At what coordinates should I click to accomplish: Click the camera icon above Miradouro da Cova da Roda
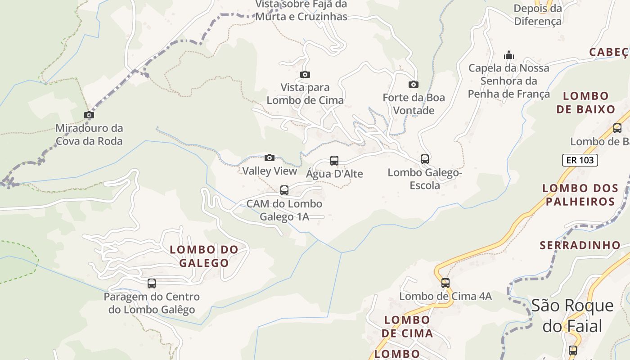[x=89, y=115]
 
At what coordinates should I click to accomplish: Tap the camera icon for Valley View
[x=270, y=157]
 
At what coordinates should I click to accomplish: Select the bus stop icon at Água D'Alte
[x=334, y=160]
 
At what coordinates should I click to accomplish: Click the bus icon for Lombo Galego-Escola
[x=425, y=159]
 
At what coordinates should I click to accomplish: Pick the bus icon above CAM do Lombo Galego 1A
[x=284, y=190]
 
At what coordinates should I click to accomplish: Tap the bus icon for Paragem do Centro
[x=152, y=283]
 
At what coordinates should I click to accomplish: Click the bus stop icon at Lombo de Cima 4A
[x=445, y=283]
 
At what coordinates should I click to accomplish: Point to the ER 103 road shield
[x=580, y=160]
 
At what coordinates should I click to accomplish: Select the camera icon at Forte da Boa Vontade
[x=414, y=84]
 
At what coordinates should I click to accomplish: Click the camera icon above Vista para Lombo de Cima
[x=305, y=74]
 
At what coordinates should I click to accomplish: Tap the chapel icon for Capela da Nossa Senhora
[x=509, y=55]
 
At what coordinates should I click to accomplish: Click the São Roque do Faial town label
[x=572, y=315]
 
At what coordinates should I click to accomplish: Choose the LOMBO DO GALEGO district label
[x=204, y=256]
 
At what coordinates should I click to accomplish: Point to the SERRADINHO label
[x=580, y=245]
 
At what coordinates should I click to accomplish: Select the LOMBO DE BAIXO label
[x=585, y=103]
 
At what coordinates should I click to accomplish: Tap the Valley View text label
[x=270, y=171]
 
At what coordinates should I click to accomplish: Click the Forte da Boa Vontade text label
[x=414, y=104]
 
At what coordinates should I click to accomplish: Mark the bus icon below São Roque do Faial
[x=572, y=350]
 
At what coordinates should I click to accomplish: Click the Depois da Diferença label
[x=538, y=15]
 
